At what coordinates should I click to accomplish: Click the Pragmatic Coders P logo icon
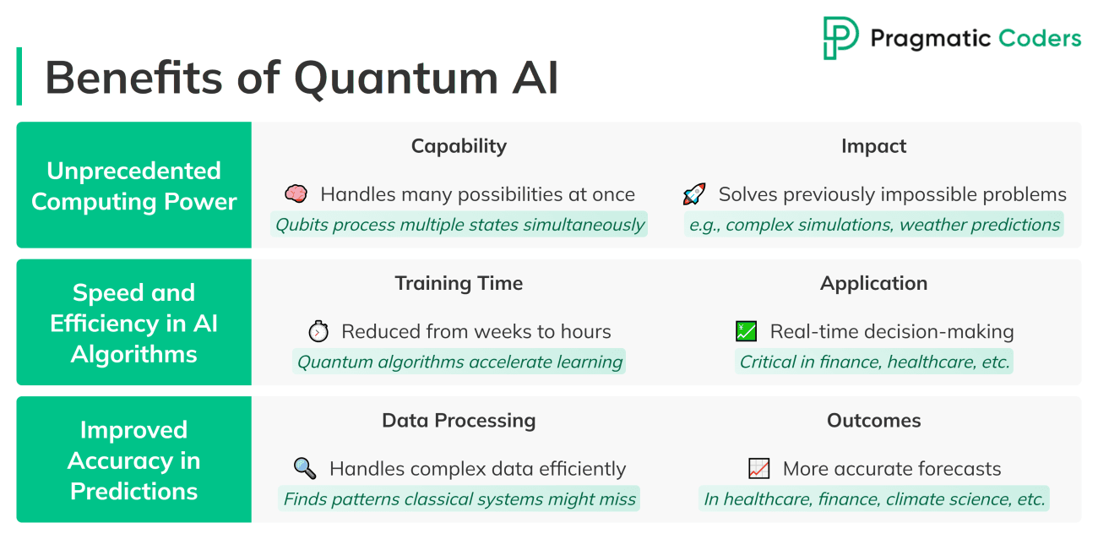click(840, 38)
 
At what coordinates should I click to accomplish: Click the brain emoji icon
click(296, 194)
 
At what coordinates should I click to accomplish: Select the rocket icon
click(694, 194)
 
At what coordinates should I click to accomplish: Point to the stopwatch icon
click(318, 331)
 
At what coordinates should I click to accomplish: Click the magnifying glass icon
click(304, 469)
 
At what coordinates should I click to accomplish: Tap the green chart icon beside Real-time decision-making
click(746, 331)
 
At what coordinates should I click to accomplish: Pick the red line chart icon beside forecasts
click(758, 469)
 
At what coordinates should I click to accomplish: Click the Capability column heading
click(459, 146)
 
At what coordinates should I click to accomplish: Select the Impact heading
click(873, 146)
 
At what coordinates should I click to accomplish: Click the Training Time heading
click(459, 283)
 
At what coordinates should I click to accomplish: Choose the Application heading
click(873, 283)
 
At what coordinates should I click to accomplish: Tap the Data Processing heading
click(459, 421)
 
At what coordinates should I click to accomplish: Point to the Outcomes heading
click(873, 421)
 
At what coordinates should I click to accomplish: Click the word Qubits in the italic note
click(302, 225)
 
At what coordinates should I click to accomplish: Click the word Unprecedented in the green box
click(133, 172)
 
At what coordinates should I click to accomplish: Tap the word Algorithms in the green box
click(133, 355)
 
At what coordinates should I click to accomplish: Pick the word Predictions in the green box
click(133, 491)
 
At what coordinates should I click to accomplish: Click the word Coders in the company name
click(1040, 38)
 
